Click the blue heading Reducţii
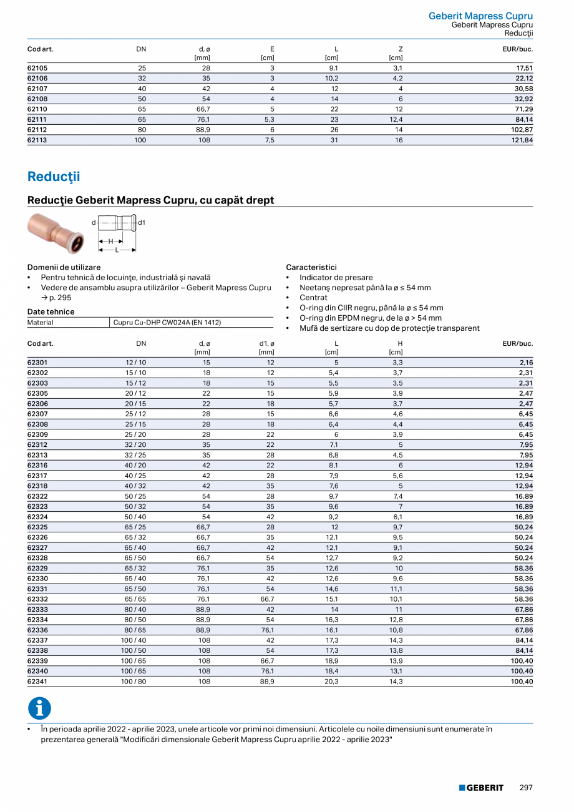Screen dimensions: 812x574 pyautogui.click(x=54, y=177)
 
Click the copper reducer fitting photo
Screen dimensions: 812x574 pyautogui.click(x=54, y=233)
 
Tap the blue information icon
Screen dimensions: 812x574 pyautogui.click(x=39, y=708)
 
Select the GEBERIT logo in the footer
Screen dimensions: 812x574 pyautogui.click(x=481, y=788)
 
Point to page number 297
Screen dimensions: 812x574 pyautogui.click(x=526, y=788)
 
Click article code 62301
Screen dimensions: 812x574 pyautogui.click(x=37, y=363)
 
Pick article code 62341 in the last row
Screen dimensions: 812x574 pyautogui.click(x=37, y=682)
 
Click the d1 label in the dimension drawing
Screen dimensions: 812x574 pyautogui.click(x=142, y=222)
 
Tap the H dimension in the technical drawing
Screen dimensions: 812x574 pyautogui.click(x=111, y=241)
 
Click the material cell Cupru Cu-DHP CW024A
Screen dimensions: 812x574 pyautogui.click(x=167, y=323)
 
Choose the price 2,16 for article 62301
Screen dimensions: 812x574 pyautogui.click(x=525, y=363)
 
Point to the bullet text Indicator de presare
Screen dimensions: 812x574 pyautogui.click(x=336, y=278)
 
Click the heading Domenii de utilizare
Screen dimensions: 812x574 pyautogui.click(x=64, y=267)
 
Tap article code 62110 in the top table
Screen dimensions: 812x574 pyautogui.click(x=37, y=109)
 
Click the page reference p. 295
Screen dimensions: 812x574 pyautogui.click(x=60, y=298)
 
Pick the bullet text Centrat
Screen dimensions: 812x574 pyautogui.click(x=313, y=298)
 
